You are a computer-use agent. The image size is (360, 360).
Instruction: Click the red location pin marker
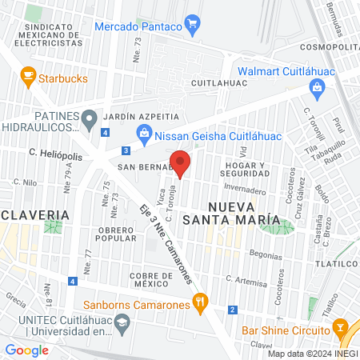tap(181, 164)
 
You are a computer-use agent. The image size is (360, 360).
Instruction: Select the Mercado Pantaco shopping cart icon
tap(191, 25)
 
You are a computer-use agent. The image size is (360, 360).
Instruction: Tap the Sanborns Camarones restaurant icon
tap(200, 303)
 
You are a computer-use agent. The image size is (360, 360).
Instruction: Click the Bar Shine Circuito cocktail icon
tap(341, 330)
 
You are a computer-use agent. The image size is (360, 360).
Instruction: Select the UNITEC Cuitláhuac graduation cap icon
tap(122, 324)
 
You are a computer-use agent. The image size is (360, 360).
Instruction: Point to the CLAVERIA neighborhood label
tap(34, 215)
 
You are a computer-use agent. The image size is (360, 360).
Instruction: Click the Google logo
tap(26, 349)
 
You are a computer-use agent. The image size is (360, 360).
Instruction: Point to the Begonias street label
tap(265, 255)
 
